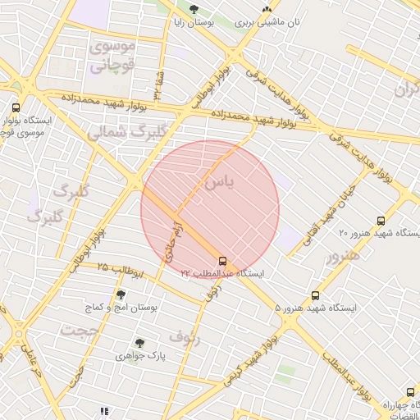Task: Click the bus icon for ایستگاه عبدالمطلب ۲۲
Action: click(224, 262)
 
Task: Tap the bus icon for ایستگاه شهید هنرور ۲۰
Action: click(380, 221)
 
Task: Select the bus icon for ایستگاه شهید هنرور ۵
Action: click(316, 296)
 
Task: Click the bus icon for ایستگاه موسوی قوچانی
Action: click(16, 107)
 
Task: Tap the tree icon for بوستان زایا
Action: click(194, 10)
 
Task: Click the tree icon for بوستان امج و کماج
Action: click(121, 294)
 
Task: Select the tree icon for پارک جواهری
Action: click(140, 343)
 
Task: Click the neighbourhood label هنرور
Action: click(342, 255)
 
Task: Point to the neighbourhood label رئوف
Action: click(185, 335)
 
